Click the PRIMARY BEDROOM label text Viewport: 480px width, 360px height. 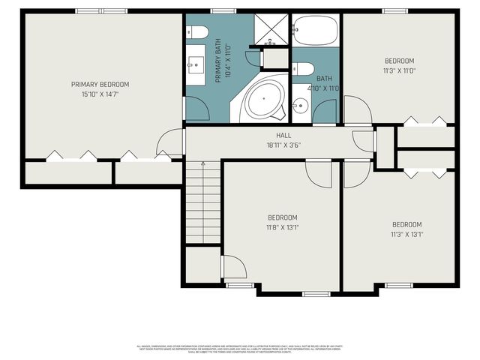pyautogui.click(x=100, y=84)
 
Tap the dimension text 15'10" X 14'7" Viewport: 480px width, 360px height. pyautogui.click(x=100, y=94)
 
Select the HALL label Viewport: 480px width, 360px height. pyautogui.click(x=284, y=136)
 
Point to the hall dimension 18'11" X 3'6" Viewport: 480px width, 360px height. pyautogui.click(x=284, y=145)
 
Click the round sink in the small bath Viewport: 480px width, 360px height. pyautogui.click(x=300, y=106)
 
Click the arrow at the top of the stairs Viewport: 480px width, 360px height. pyautogui.click(x=202, y=163)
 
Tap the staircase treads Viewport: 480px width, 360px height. pyautogui.click(x=203, y=206)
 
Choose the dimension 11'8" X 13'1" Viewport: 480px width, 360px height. pyautogui.click(x=283, y=227)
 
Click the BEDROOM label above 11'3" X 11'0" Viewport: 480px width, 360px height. pyautogui.click(x=400, y=61)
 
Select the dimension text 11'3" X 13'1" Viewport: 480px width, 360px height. pyautogui.click(x=407, y=233)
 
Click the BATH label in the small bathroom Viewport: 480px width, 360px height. pyautogui.click(x=324, y=78)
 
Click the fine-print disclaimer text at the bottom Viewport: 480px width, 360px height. pyautogui.click(x=240, y=349)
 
